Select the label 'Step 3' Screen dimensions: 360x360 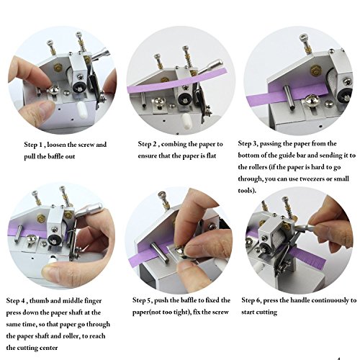coord(251,144)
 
